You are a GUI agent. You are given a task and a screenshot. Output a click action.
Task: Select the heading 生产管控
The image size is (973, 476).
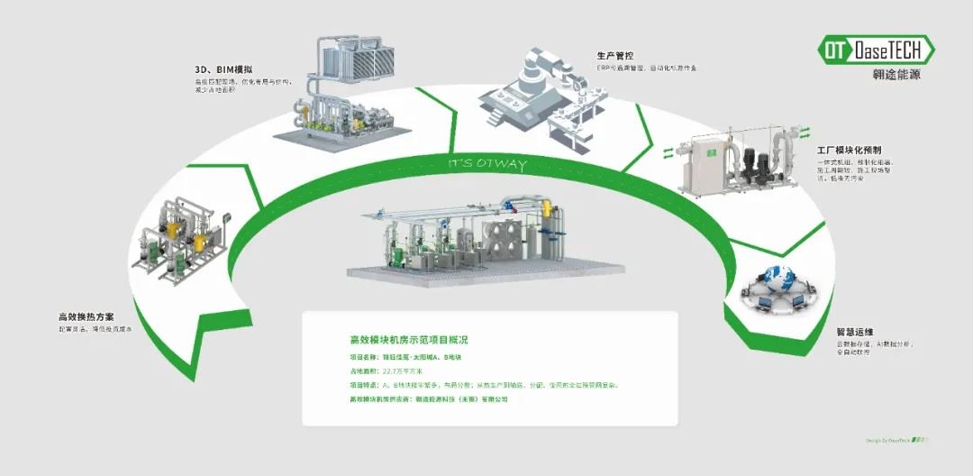[614, 56]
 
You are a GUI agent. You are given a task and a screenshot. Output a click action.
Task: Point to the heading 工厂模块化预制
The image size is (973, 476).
[850, 151]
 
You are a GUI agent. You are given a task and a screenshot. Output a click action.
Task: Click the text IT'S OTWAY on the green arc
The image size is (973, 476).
[487, 166]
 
